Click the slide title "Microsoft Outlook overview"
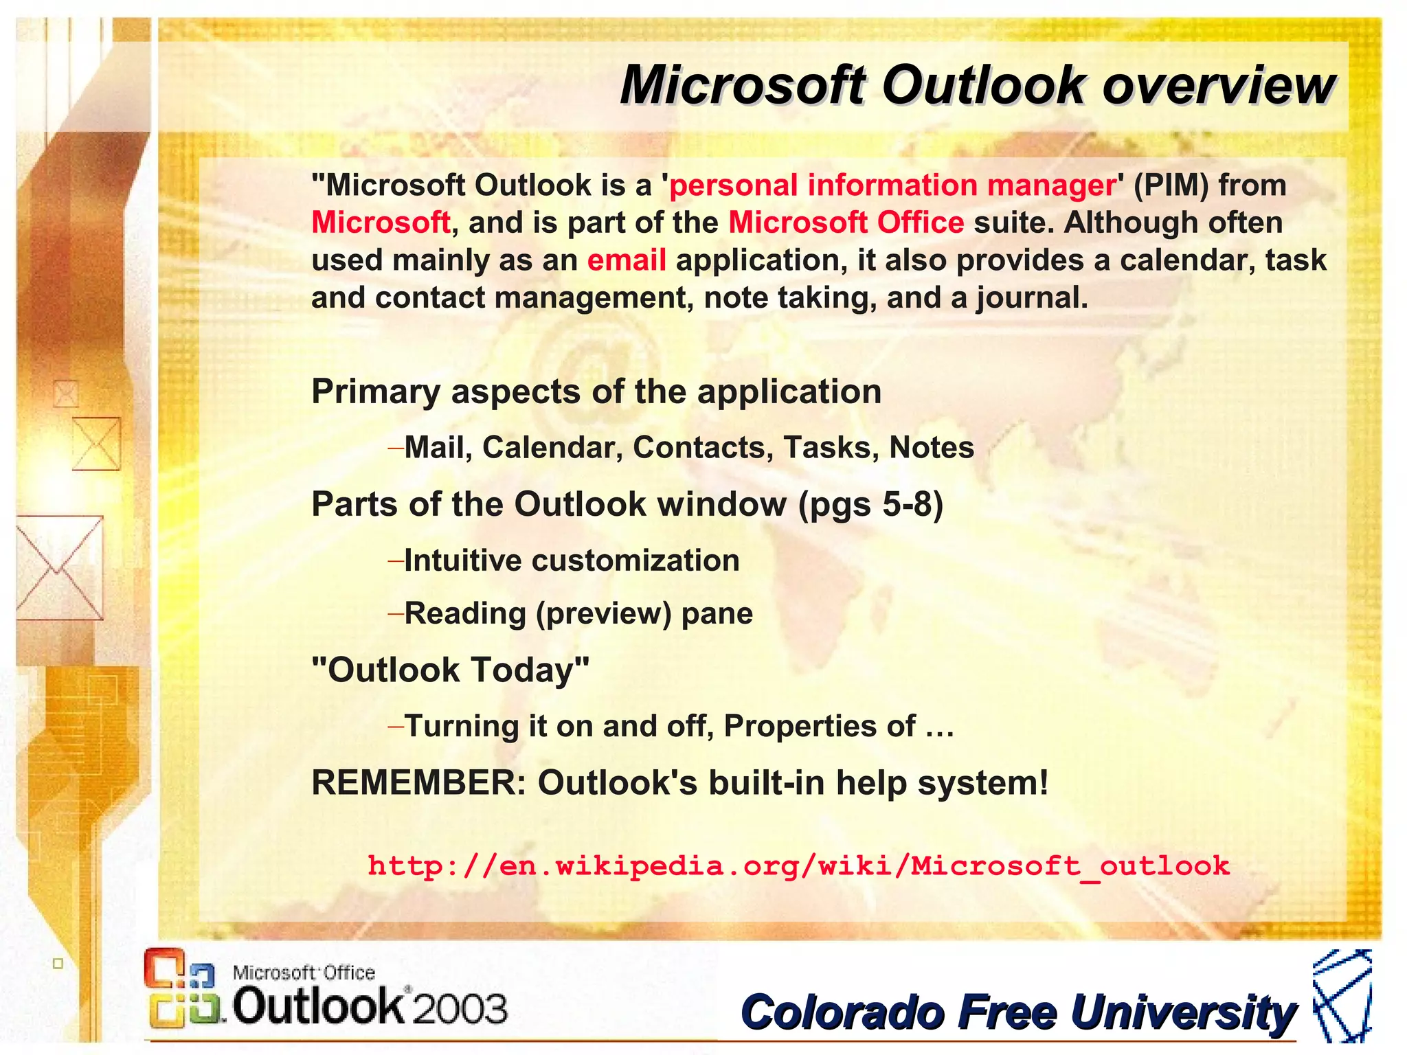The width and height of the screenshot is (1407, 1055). click(x=977, y=86)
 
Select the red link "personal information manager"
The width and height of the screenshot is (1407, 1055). click(x=892, y=185)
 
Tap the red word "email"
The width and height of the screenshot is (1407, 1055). click(x=626, y=260)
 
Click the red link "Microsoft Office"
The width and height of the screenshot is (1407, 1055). click(x=846, y=223)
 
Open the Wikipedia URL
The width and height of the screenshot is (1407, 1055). click(x=798, y=865)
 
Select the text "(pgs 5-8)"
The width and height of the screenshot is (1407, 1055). click(x=870, y=505)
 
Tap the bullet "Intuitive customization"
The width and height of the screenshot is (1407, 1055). click(x=571, y=561)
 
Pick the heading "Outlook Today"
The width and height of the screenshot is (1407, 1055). click(x=450, y=670)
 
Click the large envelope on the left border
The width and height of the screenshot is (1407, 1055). click(x=59, y=568)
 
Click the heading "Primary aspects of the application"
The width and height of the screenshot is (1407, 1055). click(x=596, y=392)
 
